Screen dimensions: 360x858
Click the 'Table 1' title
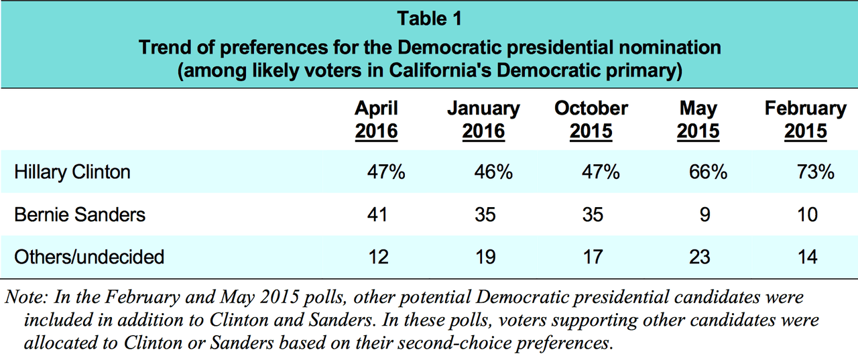tap(429, 19)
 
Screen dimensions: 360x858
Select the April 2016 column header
tap(376, 119)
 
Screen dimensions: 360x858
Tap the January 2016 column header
tap(483, 119)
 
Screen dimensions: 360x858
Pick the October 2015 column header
tap(591, 119)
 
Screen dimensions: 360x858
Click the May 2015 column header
tap(698, 119)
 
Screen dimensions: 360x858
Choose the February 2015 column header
tap(805, 119)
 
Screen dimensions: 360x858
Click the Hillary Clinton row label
tap(72, 172)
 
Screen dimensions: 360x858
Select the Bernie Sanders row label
tap(80, 215)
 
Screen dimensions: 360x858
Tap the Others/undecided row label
tap(89, 257)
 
